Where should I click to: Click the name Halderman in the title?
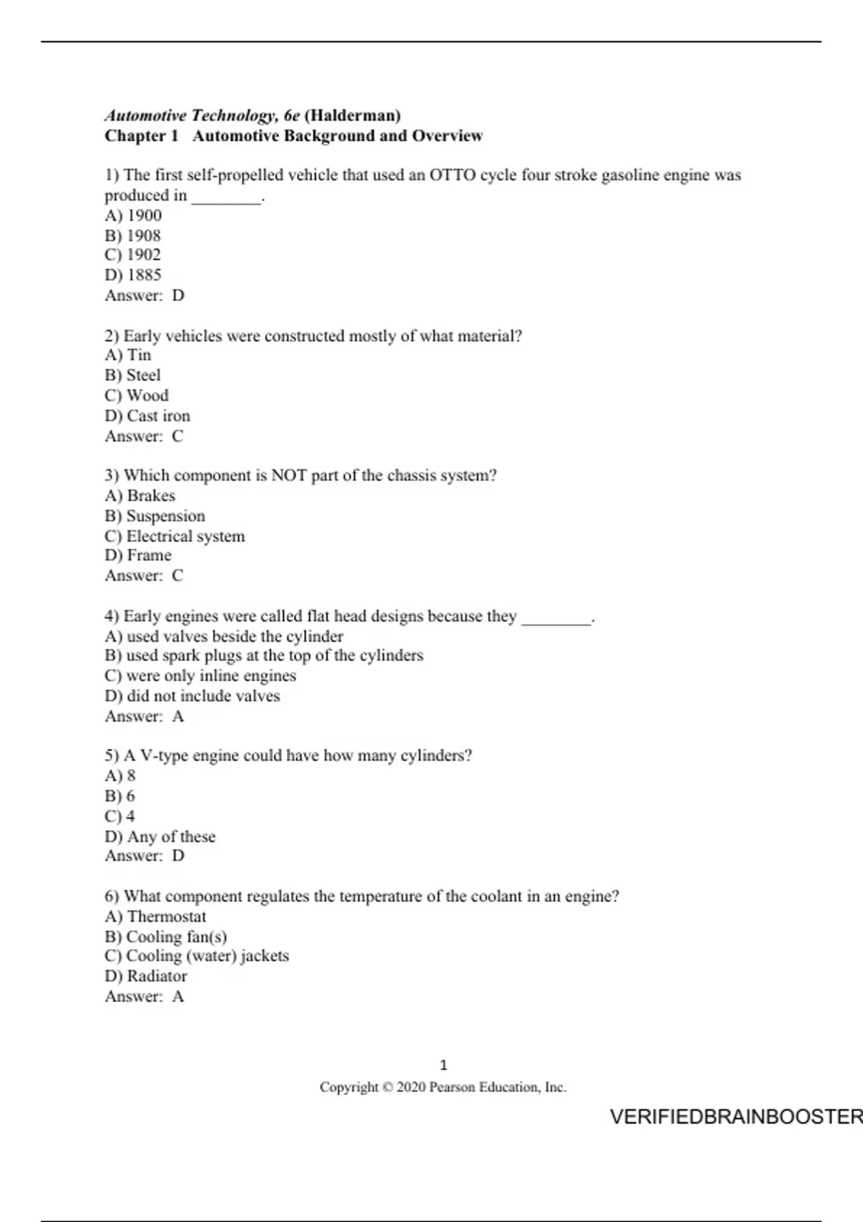click(352, 116)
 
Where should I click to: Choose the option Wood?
click(147, 395)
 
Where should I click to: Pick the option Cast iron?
click(158, 415)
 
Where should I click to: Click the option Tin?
click(139, 355)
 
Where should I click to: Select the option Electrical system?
click(186, 536)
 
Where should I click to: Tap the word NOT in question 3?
click(288, 476)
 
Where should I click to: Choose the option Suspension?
click(165, 516)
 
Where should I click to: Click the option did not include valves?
click(203, 696)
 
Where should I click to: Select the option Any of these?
click(171, 837)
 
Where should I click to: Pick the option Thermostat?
click(166, 916)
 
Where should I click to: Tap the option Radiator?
click(157, 976)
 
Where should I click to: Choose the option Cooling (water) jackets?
click(207, 956)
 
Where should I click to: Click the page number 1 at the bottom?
click(443, 1065)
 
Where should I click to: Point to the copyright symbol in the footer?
click(387, 1088)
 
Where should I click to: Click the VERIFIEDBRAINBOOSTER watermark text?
click(735, 1117)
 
